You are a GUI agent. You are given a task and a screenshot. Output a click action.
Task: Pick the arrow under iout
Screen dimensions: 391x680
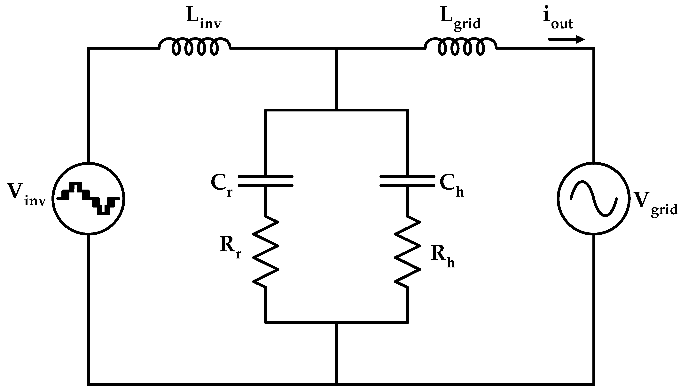[566, 39]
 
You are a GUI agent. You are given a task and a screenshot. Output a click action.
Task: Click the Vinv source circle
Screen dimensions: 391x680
[88, 199]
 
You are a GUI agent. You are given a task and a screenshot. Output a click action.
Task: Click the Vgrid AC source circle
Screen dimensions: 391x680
[593, 199]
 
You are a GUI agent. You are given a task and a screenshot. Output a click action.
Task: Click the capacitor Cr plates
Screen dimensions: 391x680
[266, 181]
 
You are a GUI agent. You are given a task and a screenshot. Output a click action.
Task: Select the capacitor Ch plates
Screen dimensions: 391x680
[407, 181]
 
